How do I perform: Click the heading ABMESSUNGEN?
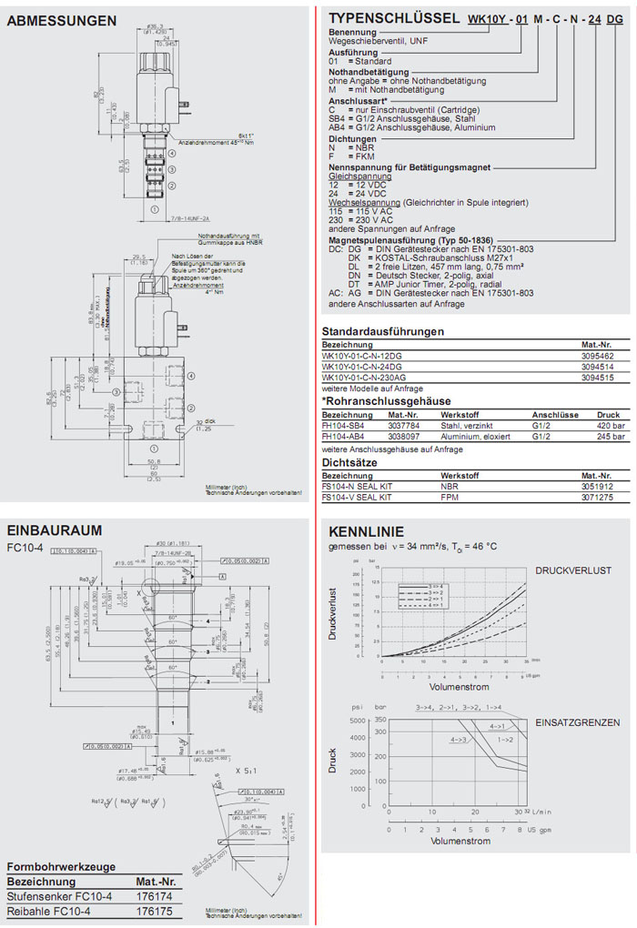pyautogui.click(x=61, y=20)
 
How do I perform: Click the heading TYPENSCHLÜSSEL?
pyautogui.click(x=394, y=18)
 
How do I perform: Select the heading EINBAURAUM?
pyautogui.click(x=54, y=530)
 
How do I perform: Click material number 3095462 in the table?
pyautogui.click(x=598, y=356)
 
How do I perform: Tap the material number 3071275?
pyautogui.click(x=598, y=498)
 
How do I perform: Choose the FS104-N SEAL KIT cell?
pyautogui.click(x=357, y=487)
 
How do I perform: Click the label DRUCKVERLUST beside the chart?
pyautogui.click(x=573, y=570)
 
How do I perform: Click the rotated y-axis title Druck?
pyautogui.click(x=334, y=761)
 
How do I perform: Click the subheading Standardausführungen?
pyautogui.click(x=383, y=331)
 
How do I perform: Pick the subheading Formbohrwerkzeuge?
pyautogui.click(x=61, y=866)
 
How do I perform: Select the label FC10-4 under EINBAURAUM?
pyautogui.click(x=25, y=548)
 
